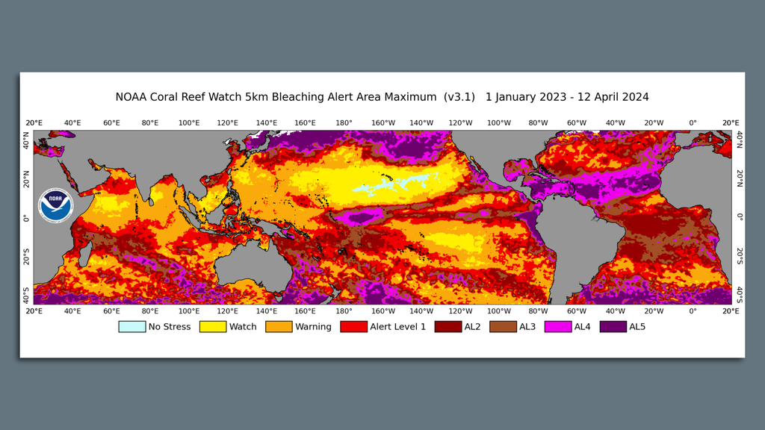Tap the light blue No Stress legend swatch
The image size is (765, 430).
(131, 327)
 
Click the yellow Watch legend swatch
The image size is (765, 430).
(212, 327)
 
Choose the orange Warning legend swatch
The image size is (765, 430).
(279, 327)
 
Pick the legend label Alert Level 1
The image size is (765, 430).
(397, 327)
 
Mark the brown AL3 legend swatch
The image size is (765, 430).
(503, 327)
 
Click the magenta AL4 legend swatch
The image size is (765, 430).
(558, 327)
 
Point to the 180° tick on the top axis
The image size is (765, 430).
(344, 123)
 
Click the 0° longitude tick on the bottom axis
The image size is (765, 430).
(693, 311)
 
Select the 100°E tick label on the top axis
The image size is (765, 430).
(188, 123)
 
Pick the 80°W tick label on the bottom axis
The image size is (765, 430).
(538, 311)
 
